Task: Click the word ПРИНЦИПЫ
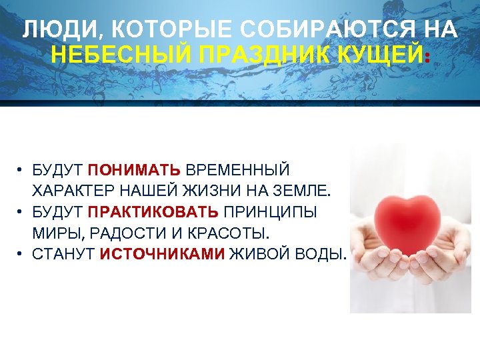click(270, 213)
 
